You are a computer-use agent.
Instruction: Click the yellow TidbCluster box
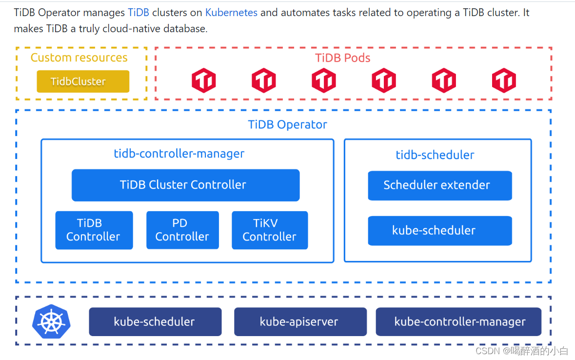pyautogui.click(x=83, y=81)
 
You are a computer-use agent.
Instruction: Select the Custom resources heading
pyautogui.click(x=79, y=58)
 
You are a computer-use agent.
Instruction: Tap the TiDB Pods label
pyautogui.click(x=342, y=58)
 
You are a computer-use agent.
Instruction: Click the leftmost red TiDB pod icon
pyautogui.click(x=203, y=80)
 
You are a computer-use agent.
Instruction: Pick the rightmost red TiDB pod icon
pyautogui.click(x=504, y=80)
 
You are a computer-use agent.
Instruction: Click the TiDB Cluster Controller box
pyautogui.click(x=185, y=185)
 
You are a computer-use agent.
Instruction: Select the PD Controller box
pyautogui.click(x=182, y=230)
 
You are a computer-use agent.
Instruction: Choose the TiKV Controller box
pyautogui.click(x=270, y=230)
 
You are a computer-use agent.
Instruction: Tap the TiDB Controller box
pyautogui.click(x=94, y=230)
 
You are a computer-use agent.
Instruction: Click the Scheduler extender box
pyautogui.click(x=439, y=185)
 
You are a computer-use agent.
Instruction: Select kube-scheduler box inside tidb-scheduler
pyautogui.click(x=439, y=231)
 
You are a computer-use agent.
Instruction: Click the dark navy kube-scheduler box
pyautogui.click(x=155, y=321)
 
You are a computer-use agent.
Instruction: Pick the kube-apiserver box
pyautogui.click(x=300, y=321)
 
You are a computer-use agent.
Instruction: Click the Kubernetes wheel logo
pyautogui.click(x=51, y=321)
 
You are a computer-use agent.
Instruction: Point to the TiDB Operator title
pyautogui.click(x=287, y=124)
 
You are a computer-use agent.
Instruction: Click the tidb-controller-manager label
pyautogui.click(x=179, y=154)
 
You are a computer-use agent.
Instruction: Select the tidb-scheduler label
pyautogui.click(x=435, y=155)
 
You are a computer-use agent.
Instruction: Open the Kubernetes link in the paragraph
pyautogui.click(x=231, y=13)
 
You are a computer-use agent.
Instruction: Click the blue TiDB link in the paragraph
pyautogui.click(x=139, y=13)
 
